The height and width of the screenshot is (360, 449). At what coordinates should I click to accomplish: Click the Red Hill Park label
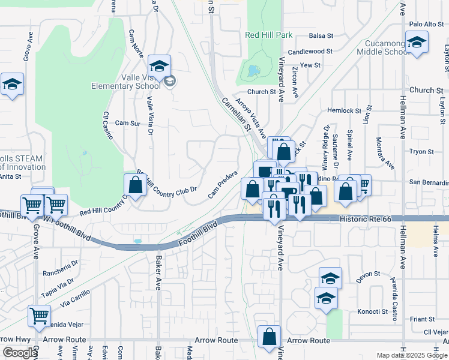(268, 35)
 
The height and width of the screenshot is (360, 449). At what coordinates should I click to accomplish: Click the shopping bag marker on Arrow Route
(270, 337)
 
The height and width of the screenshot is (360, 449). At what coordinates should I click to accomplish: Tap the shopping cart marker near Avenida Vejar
(39, 315)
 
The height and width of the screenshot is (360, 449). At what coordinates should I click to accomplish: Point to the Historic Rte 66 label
(366, 220)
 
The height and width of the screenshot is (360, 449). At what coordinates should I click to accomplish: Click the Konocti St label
(372, 311)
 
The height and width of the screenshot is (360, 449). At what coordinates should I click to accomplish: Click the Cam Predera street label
(220, 187)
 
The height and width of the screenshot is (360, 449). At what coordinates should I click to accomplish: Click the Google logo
(20, 353)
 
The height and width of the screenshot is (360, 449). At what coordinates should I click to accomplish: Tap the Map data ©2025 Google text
(412, 355)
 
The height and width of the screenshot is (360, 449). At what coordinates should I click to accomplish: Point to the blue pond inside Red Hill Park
(253, 71)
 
